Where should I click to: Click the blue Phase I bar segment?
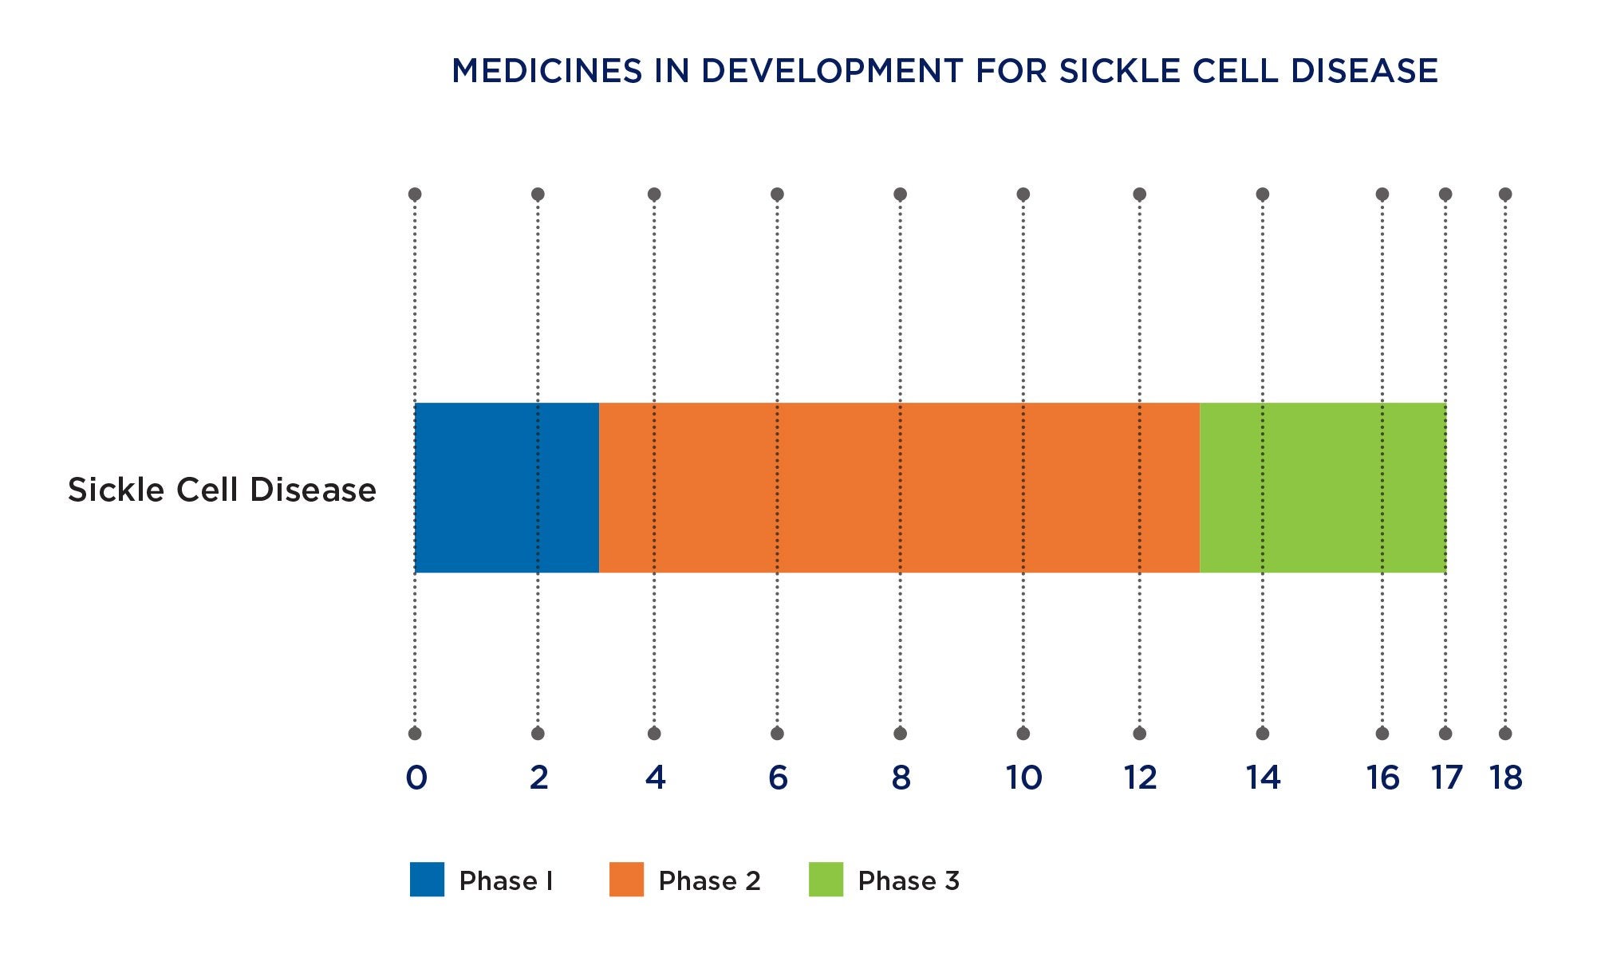coord(507,487)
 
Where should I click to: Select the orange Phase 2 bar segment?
coord(899,487)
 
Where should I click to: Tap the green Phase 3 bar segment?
coord(1323,487)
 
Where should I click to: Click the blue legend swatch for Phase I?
coord(427,880)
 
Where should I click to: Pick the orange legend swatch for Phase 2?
coord(626,880)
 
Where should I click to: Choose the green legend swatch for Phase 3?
coord(826,880)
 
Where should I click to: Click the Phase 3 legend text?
coord(909,881)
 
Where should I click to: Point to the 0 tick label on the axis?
coord(416,778)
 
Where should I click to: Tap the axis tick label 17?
coord(1446,778)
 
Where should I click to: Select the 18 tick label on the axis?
coord(1506,778)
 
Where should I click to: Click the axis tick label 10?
coord(1023,778)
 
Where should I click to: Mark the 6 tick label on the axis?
coord(778,778)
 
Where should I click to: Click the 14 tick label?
coord(1263,778)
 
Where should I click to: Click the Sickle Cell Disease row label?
coord(222,490)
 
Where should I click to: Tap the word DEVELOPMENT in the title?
coord(832,72)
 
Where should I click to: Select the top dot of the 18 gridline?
coord(1505,195)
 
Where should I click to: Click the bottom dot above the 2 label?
coord(538,734)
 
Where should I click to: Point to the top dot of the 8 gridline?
coord(901,195)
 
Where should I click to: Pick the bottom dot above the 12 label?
coord(1140,734)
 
